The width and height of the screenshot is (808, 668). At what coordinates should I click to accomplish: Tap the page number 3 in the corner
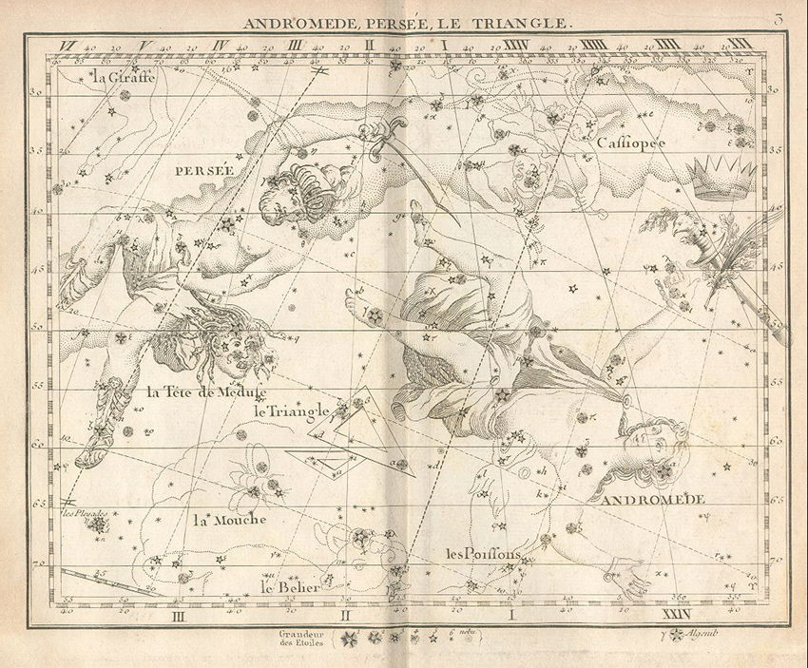(x=778, y=19)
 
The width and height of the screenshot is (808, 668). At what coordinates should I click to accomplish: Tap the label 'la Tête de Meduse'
(x=205, y=390)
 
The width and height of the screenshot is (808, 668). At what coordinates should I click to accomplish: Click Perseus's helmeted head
(x=290, y=191)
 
